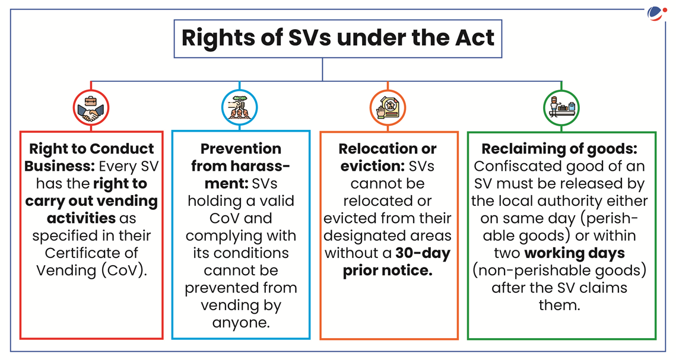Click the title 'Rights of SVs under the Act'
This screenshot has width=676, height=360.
click(338, 38)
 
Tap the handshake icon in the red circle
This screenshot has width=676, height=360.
click(91, 108)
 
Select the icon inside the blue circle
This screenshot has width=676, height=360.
click(239, 108)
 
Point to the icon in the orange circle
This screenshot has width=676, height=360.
click(388, 108)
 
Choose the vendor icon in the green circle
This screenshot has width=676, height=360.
click(561, 108)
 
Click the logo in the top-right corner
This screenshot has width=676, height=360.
click(656, 14)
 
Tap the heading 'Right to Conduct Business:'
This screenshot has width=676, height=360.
click(90, 157)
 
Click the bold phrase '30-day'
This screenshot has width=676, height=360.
click(423, 253)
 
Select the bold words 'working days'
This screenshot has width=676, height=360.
click(575, 253)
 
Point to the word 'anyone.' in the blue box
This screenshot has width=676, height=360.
click(241, 323)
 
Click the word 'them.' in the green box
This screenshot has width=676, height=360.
click(559, 305)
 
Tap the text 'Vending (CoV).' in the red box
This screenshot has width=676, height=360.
click(91, 271)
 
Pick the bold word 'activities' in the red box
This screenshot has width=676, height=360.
click(81, 218)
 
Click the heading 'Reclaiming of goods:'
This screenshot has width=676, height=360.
click(559, 148)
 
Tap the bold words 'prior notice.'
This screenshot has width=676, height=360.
click(388, 271)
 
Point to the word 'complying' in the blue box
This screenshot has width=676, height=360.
click(220, 236)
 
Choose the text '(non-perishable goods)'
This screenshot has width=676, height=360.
click(559, 271)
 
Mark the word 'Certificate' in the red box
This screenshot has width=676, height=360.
click(91, 253)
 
